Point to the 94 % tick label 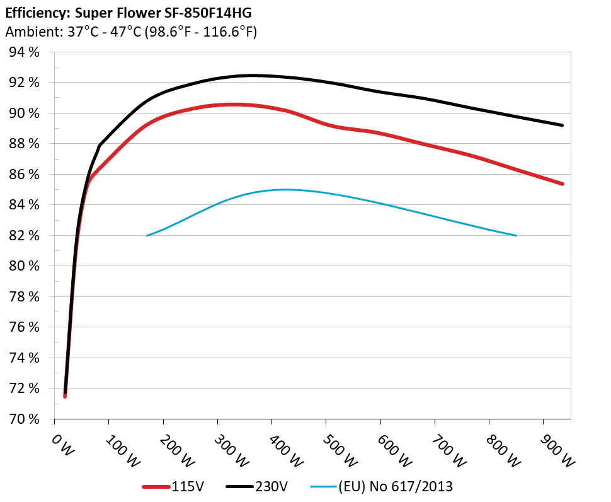click(25, 52)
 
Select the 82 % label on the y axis click(25, 236)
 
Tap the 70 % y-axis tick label click(25, 419)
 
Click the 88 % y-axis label click(25, 144)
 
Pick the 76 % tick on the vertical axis click(25, 327)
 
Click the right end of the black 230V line click(562, 125)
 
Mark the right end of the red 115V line click(562, 184)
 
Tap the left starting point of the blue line click(147, 235)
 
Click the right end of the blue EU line click(517, 235)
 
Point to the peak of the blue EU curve click(283, 189)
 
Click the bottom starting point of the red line click(65, 396)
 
